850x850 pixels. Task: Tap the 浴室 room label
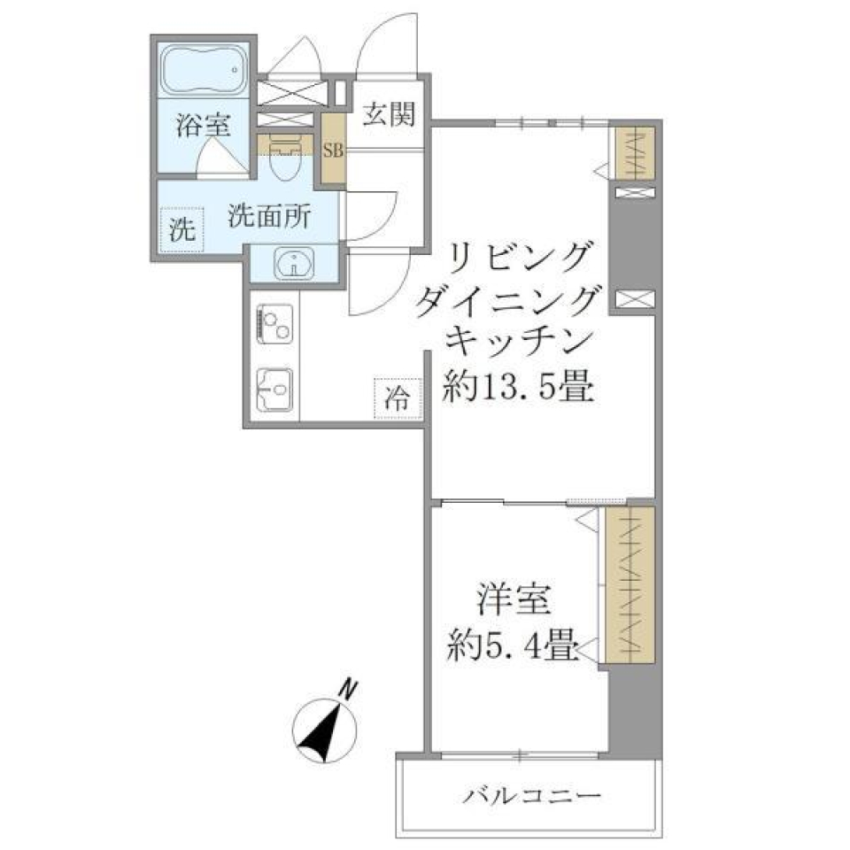204,125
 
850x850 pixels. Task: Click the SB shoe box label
334,150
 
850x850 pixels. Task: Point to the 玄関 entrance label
389,114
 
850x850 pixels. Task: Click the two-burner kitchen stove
274,322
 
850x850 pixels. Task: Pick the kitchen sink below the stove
274,387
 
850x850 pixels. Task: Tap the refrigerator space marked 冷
398,398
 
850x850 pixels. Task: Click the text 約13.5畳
517,387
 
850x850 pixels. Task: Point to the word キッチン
518,342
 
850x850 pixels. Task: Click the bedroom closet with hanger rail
631,584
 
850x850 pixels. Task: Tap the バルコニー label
533,795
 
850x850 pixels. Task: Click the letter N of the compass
352,687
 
